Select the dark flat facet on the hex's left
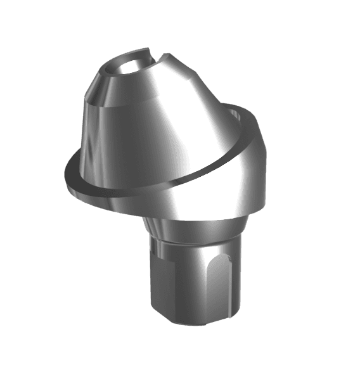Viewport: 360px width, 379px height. coord(162,279)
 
